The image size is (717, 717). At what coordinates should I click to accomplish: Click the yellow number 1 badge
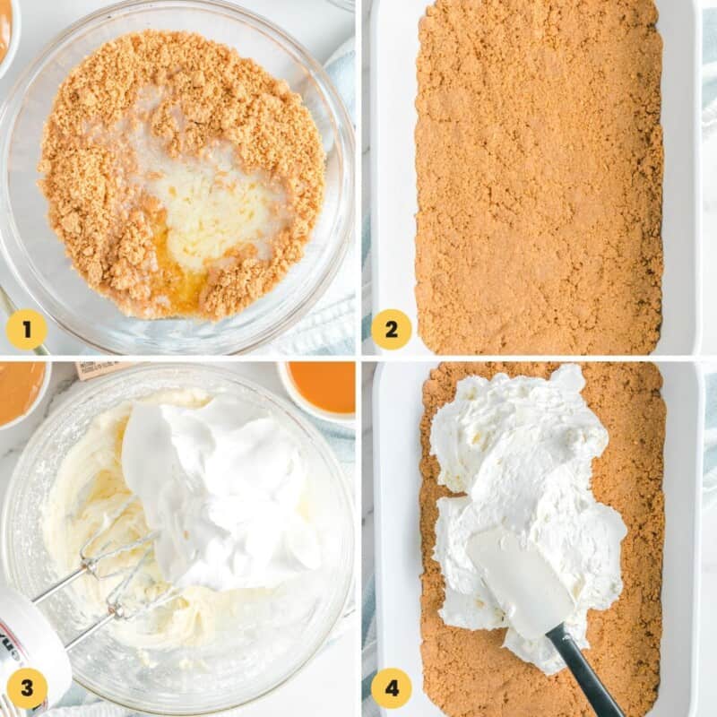pyautogui.click(x=26, y=329)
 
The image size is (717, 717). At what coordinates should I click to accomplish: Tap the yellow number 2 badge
pyautogui.click(x=392, y=329)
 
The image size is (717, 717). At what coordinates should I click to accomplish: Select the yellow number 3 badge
pyautogui.click(x=26, y=688)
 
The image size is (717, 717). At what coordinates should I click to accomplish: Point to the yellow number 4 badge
pyautogui.click(x=392, y=688)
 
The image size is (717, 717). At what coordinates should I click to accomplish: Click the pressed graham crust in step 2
pyautogui.click(x=538, y=179)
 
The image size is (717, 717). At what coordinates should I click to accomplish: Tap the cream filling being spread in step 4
pyautogui.click(x=520, y=466)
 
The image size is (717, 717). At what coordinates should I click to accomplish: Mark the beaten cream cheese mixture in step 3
pyautogui.click(x=81, y=484)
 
